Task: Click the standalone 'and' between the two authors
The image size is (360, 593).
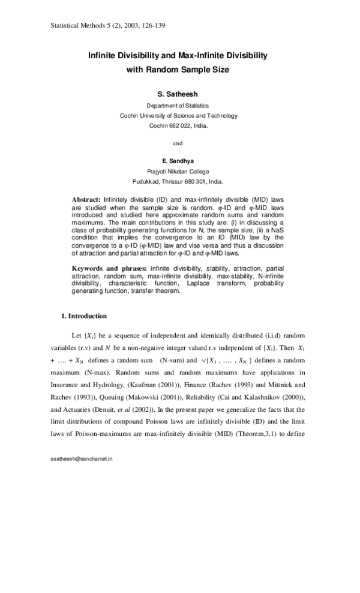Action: tap(178, 143)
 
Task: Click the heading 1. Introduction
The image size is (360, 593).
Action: tap(85, 316)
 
